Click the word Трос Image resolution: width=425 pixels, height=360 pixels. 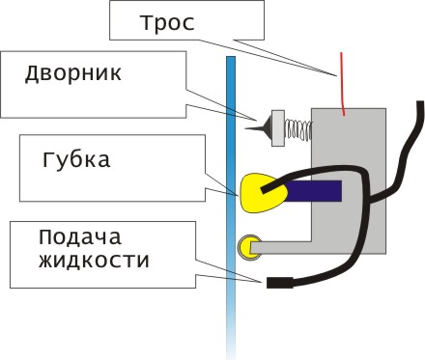click(x=167, y=23)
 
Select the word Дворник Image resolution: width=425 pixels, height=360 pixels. click(x=73, y=73)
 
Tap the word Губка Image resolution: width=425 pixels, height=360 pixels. click(x=76, y=158)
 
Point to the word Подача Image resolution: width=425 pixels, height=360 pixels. click(x=80, y=238)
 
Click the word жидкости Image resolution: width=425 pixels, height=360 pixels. click(x=94, y=260)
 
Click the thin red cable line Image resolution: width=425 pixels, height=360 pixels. click(x=343, y=84)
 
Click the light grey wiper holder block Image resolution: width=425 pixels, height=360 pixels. click(x=278, y=128)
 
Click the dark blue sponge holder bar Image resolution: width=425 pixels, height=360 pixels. click(x=313, y=191)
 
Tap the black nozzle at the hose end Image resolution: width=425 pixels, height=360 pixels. click(x=279, y=283)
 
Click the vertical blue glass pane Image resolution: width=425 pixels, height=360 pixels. click(x=231, y=206)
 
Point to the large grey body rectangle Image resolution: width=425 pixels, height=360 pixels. click(x=349, y=180)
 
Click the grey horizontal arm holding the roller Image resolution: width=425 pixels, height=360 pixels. click(x=281, y=247)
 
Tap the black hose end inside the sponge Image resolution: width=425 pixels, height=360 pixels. click(x=265, y=189)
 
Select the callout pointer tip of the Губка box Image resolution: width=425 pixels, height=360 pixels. click(x=238, y=195)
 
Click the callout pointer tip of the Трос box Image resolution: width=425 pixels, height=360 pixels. click(x=337, y=75)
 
